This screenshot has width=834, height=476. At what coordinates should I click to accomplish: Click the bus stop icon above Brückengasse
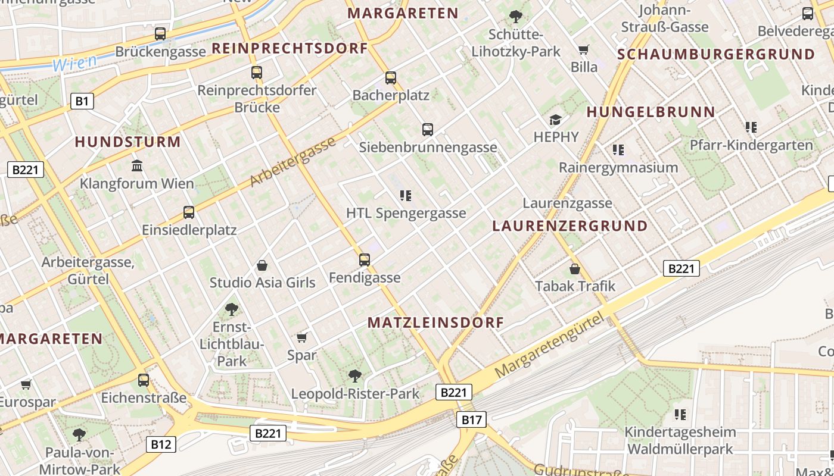(x=160, y=34)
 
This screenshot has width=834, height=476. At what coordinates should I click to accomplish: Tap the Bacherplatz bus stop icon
(x=391, y=77)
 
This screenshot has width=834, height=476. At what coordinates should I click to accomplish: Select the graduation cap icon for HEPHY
(x=556, y=120)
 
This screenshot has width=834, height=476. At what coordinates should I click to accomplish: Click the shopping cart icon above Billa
(x=583, y=49)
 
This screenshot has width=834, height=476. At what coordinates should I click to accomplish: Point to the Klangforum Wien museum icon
(x=137, y=165)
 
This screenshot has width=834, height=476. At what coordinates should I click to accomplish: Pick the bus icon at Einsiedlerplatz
(x=189, y=212)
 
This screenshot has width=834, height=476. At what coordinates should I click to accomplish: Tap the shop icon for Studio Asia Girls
(x=262, y=265)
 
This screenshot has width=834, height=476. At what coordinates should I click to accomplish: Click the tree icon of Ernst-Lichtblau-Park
(x=232, y=309)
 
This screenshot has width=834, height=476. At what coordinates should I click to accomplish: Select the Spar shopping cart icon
(x=301, y=337)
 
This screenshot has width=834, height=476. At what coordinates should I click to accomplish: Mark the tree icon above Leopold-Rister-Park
(x=355, y=375)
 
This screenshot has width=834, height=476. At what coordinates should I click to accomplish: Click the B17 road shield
(x=471, y=419)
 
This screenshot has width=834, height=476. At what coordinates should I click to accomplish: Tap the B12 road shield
(x=161, y=444)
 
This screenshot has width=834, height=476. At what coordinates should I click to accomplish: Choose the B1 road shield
(x=82, y=101)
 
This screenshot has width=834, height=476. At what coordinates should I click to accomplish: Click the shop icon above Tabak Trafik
(x=575, y=269)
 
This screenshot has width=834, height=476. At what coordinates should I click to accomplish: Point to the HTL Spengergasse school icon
(x=406, y=195)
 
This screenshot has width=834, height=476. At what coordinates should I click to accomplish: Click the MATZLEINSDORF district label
(x=435, y=322)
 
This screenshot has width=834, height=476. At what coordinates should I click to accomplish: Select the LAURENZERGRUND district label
(x=570, y=226)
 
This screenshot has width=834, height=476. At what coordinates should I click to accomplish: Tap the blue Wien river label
(x=74, y=62)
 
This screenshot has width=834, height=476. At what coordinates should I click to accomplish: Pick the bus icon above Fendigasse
(x=365, y=259)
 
